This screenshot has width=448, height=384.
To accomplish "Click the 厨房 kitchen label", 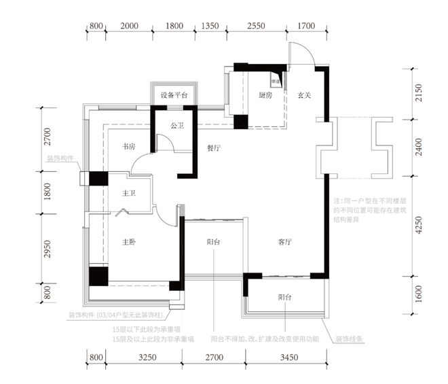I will (265, 96).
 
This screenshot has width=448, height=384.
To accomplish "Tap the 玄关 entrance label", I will (303, 96).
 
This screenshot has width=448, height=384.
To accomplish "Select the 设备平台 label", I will (174, 96).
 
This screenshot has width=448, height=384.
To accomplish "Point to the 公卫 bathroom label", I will (177, 126).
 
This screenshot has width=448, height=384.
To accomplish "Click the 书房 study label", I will (130, 147).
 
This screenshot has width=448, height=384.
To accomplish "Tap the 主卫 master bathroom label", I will (130, 194).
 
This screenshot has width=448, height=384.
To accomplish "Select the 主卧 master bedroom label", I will (130, 242).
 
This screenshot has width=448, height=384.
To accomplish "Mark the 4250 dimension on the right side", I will (418, 224).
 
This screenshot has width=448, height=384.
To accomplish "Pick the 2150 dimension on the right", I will (418, 93).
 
